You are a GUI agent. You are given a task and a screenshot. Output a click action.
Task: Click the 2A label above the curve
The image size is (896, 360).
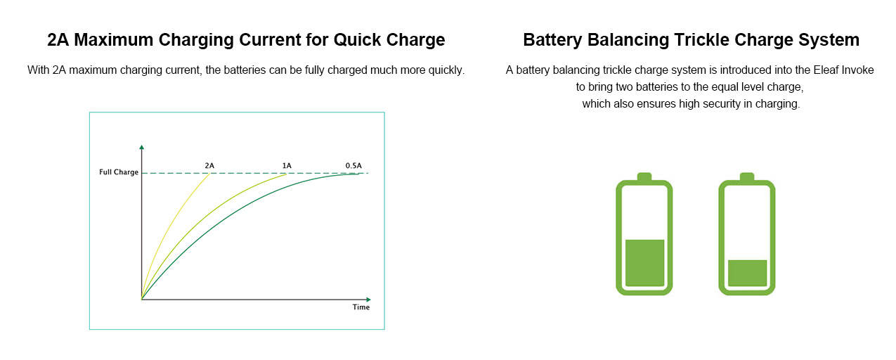pos(209,166)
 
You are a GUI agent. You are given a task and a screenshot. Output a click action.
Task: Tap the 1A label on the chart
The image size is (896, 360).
pos(287,166)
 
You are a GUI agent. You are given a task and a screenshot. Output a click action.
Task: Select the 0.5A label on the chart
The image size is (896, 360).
pos(353,166)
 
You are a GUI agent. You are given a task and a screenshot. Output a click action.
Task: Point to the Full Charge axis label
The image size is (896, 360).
pos(119,172)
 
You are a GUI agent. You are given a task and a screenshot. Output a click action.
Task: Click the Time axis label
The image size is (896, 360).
pos(361,307)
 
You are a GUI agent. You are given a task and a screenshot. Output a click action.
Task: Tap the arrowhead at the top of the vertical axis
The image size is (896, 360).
pos(141,147)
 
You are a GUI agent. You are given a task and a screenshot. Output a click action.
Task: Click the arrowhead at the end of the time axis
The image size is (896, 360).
pos(368,300)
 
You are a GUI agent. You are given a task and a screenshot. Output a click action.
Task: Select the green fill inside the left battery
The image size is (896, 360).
pos(645,263)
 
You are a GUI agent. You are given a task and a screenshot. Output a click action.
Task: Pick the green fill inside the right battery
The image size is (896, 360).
pos(748,274)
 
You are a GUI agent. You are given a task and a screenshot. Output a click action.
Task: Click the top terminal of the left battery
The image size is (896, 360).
pos(644,176)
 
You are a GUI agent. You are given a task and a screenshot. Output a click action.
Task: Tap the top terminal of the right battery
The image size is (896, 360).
pos(747,176)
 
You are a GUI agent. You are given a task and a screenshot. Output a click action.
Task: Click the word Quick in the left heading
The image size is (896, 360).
pos(358,40)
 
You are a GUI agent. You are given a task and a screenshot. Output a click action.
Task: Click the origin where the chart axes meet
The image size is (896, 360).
pos(141,300)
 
